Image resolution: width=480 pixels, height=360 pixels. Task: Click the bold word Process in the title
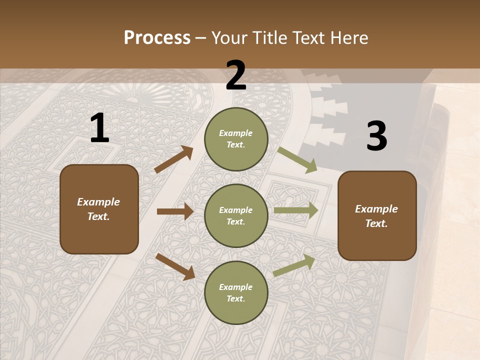pyautogui.click(x=157, y=38)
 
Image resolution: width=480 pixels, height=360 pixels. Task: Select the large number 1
pyautogui.click(x=99, y=128)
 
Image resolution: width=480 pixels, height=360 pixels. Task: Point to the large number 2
pyautogui.click(x=236, y=75)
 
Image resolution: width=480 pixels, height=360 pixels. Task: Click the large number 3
pyautogui.click(x=376, y=136)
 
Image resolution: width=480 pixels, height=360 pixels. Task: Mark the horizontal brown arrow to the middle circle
pyautogui.click(x=175, y=211)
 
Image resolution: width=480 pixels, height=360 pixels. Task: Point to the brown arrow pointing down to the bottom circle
pyautogui.click(x=175, y=266)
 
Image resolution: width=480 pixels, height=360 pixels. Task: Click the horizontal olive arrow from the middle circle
pyautogui.click(x=296, y=210)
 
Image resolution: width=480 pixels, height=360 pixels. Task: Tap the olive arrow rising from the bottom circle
pyautogui.click(x=294, y=265)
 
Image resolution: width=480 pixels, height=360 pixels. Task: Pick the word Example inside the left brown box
pyautogui.click(x=98, y=202)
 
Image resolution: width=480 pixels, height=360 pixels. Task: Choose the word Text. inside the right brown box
pyautogui.click(x=376, y=223)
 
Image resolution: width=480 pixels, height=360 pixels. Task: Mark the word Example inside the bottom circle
pyautogui.click(x=236, y=287)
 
